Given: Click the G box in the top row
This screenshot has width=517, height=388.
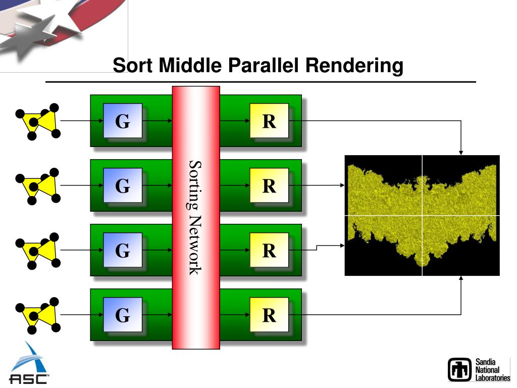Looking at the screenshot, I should pos(122,121).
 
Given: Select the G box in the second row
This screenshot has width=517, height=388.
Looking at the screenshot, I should pos(122,185).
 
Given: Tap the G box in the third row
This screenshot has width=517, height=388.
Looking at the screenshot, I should pos(122,250).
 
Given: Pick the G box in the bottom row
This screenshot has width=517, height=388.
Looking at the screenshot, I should pos(122,315).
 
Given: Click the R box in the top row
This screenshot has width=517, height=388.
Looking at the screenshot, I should pos(269,121).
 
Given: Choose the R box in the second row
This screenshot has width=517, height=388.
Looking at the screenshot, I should pos(269,185).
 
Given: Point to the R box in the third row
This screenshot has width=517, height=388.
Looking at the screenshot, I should pos(269,250).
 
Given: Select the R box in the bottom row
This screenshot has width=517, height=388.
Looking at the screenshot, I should pos(269,315).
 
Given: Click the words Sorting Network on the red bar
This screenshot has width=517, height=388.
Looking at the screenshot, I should pos(195,218).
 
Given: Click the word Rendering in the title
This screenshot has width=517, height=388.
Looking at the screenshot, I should pos(360,66).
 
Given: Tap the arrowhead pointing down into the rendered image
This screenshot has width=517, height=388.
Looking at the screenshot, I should pos(461,152).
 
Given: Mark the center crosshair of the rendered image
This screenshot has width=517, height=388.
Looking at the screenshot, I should pos(422,215).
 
